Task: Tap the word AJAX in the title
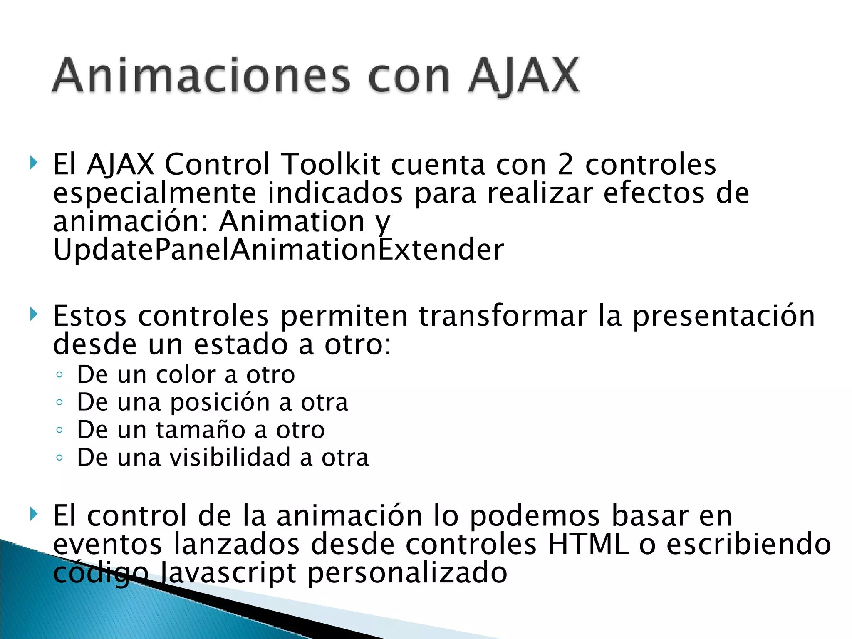point(523,76)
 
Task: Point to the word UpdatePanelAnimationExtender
point(278,250)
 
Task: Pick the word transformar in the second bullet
point(503,316)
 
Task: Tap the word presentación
point(723,316)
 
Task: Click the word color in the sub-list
point(186,374)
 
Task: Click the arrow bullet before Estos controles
point(34,315)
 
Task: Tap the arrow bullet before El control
point(34,515)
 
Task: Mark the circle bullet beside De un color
point(59,375)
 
